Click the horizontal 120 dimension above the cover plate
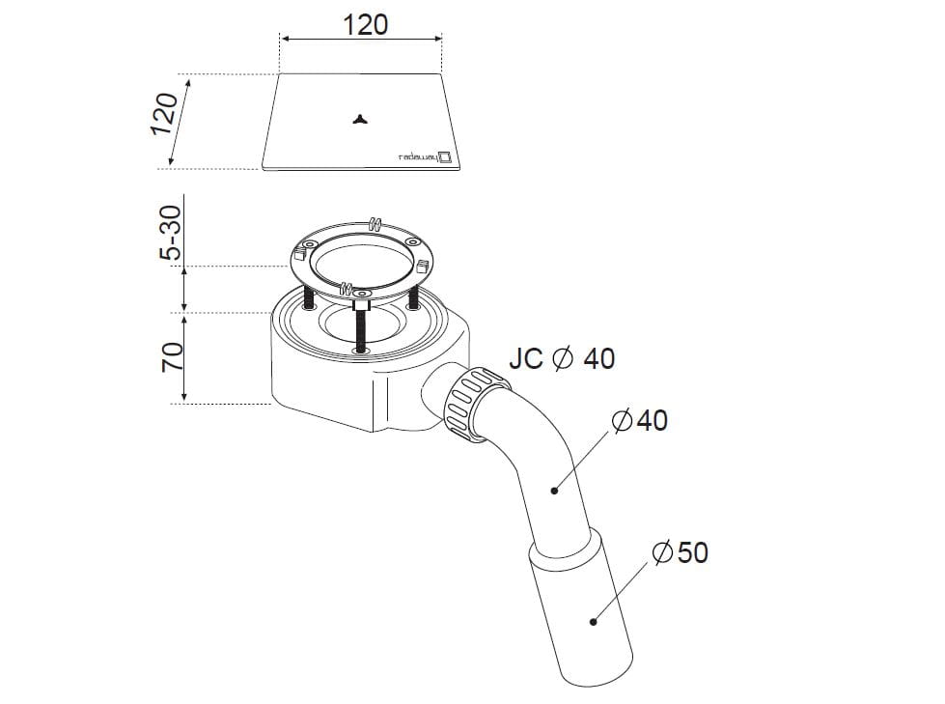tap(365, 25)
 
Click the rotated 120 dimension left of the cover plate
tap(164, 114)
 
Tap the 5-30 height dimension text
tap(170, 233)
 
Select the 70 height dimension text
tap(172, 356)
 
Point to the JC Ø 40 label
tap(562, 358)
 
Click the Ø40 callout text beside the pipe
tap(639, 420)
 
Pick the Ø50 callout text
tap(680, 552)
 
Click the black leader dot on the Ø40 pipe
tap(554, 491)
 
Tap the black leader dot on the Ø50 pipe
tap(593, 621)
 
